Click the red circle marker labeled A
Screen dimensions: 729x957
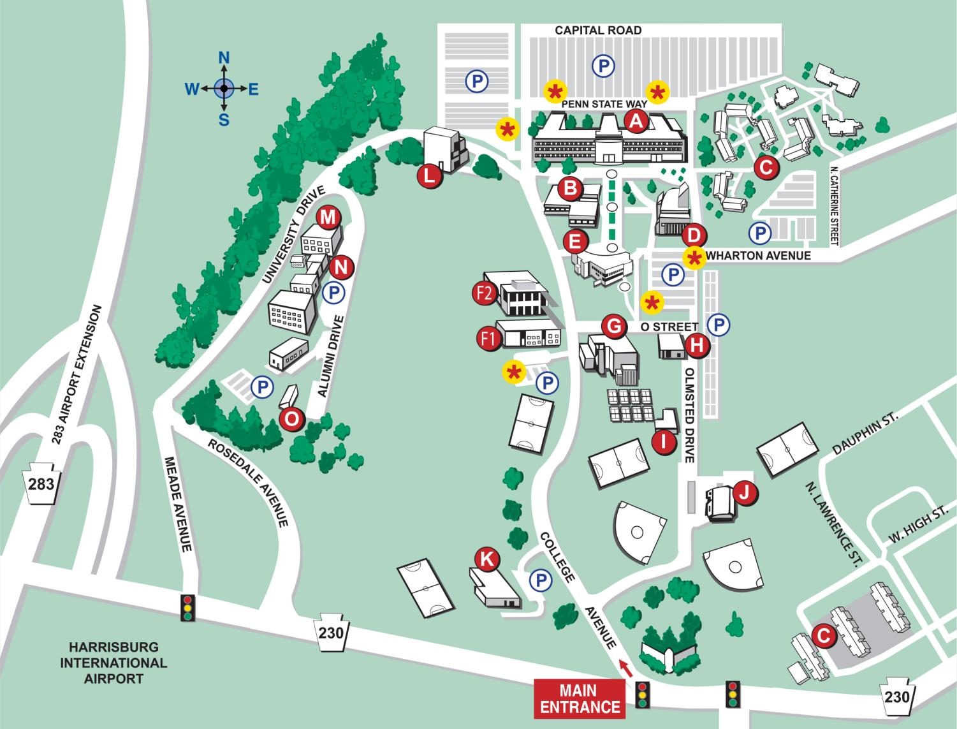click(x=636, y=121)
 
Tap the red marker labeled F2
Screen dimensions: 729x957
click(x=485, y=293)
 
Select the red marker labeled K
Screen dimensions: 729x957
click(x=487, y=559)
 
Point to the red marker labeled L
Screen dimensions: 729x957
click(x=430, y=176)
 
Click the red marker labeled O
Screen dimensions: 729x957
click(x=292, y=419)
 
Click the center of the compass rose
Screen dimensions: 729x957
click(x=224, y=89)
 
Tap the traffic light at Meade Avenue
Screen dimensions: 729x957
click(x=187, y=608)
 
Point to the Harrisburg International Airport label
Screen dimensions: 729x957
click(x=113, y=663)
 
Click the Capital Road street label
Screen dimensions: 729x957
click(x=597, y=30)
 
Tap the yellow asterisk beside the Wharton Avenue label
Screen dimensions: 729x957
click(x=694, y=258)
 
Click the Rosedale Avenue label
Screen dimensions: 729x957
click(x=249, y=482)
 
